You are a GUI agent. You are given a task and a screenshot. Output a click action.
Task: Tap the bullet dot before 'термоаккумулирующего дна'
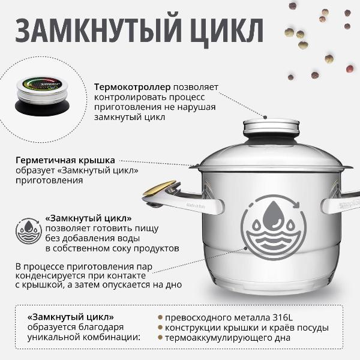tap(160, 338)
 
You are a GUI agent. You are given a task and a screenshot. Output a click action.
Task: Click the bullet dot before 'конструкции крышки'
tap(160, 328)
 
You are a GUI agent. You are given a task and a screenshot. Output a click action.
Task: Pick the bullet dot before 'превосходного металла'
tap(160, 317)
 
